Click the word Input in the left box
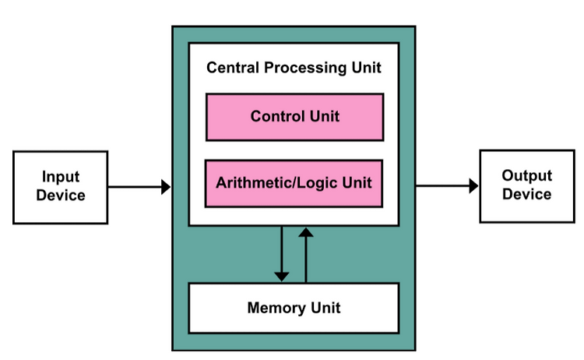click(x=61, y=177)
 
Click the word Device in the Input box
click(x=61, y=196)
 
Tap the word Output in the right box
click(x=526, y=175)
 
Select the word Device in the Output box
click(x=526, y=194)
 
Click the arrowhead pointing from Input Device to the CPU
click(x=166, y=187)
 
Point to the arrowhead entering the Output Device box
click(x=473, y=185)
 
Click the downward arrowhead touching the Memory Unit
click(x=282, y=277)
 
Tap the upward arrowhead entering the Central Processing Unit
click(x=306, y=232)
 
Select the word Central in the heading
click(x=233, y=68)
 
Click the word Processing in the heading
click(x=305, y=69)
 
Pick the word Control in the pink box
click(x=277, y=116)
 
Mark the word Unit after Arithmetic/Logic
click(x=357, y=182)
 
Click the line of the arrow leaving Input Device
click(x=135, y=187)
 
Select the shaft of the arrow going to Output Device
click(x=442, y=185)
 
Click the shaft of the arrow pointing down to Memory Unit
click(x=282, y=249)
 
